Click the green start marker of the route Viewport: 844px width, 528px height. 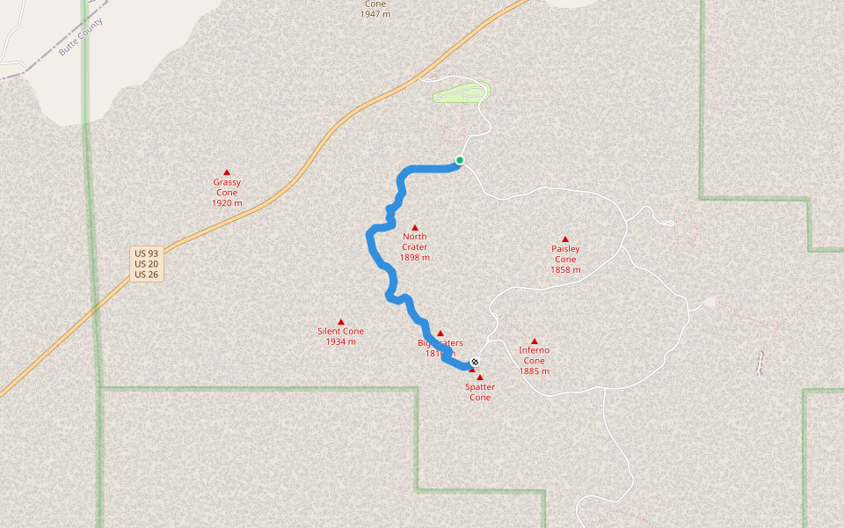(459, 160)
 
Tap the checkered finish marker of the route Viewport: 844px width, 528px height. (476, 362)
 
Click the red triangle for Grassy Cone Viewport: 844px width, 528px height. (227, 172)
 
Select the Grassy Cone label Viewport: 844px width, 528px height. (227, 187)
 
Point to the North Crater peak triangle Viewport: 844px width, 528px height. (415, 227)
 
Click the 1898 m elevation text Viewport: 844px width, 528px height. (415, 258)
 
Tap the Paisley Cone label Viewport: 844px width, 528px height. (565, 254)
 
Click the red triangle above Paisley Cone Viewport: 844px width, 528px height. (565, 239)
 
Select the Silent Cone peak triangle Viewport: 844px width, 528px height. (341, 322)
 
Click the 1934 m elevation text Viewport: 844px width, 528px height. (341, 341)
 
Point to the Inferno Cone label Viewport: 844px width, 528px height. (534, 356)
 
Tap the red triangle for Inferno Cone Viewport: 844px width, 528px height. (534, 341)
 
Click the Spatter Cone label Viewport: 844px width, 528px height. (480, 392)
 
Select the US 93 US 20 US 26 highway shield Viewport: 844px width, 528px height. (146, 264)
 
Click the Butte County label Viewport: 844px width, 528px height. (80, 37)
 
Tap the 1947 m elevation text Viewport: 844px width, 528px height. (375, 15)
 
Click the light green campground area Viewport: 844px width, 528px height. (460, 92)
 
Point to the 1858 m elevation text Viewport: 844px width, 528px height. (565, 270)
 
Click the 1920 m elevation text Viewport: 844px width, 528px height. (227, 203)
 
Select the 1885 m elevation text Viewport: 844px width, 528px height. (534, 371)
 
